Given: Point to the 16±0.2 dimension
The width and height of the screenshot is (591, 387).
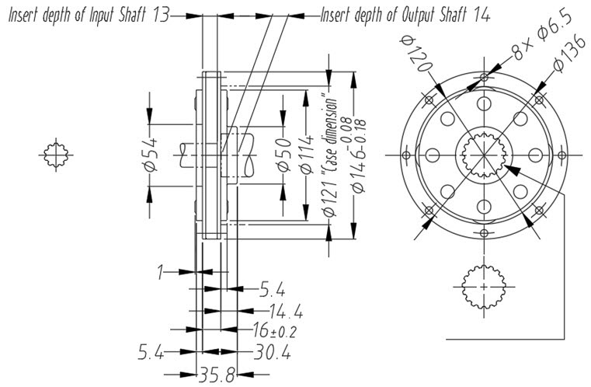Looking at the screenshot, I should pyautogui.click(x=274, y=332).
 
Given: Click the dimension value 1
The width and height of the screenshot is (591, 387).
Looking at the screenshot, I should pyautogui.click(x=161, y=272).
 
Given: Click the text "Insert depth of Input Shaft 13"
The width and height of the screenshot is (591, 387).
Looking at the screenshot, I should pyautogui.click(x=88, y=16).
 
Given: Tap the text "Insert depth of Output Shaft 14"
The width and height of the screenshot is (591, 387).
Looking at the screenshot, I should pyautogui.click(x=405, y=16).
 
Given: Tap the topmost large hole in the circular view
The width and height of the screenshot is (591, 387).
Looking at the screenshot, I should pyautogui.click(x=483, y=104).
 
